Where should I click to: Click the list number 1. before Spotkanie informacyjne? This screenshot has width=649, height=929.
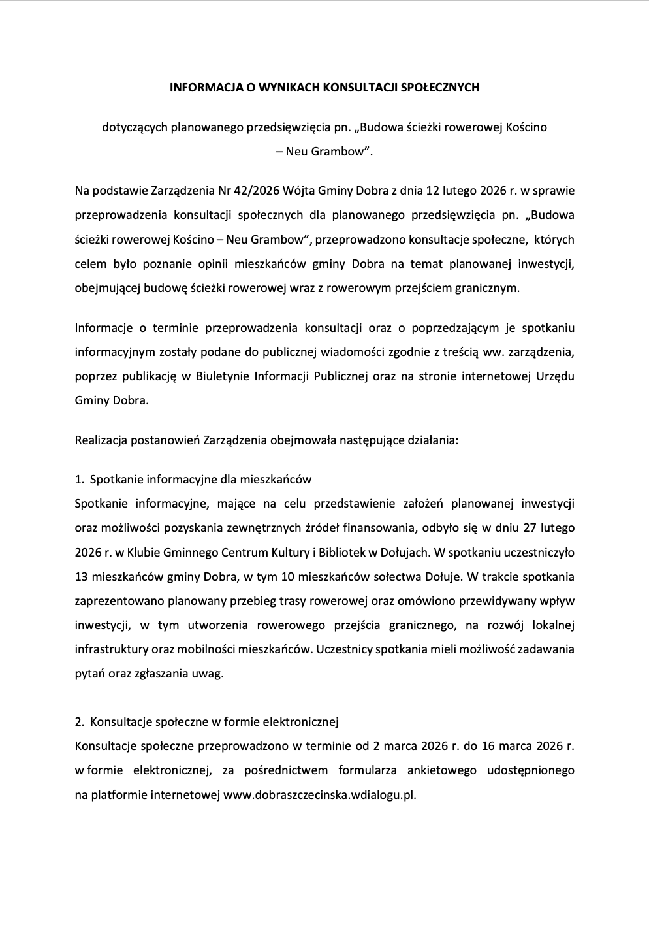pyautogui.click(x=80, y=480)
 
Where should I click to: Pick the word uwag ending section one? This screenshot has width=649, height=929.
pyautogui.click(x=208, y=674)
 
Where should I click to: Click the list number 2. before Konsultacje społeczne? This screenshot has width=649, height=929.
pyautogui.click(x=80, y=722)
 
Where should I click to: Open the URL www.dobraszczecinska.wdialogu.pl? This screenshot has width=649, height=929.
pyautogui.click(x=319, y=795)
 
